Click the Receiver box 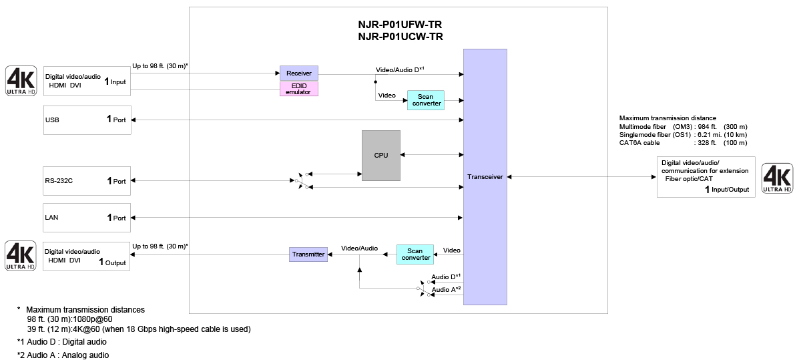tap(298, 73)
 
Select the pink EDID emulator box tap(298, 89)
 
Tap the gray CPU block tap(380, 155)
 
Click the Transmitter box tap(308, 254)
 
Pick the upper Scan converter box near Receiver tap(426, 100)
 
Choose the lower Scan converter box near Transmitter tap(415, 254)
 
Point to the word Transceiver tap(485, 177)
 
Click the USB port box tap(87, 120)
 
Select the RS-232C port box tap(87, 181)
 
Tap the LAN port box tap(87, 218)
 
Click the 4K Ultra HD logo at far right tap(776, 178)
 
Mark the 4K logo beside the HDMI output tap(21, 256)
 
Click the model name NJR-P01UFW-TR tap(400, 25)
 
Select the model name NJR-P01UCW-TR tap(400, 37)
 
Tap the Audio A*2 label tap(447, 289)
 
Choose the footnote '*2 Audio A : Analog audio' tap(63, 355)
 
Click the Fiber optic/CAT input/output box tap(706, 177)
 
